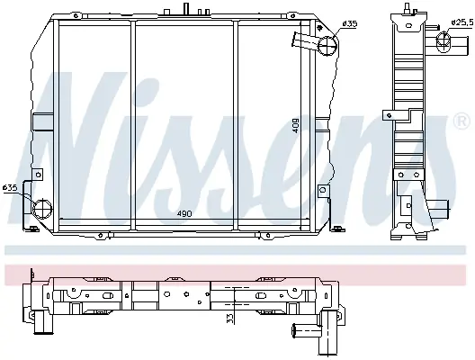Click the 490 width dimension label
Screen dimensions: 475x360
click(184, 213)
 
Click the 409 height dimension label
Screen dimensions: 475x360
click(295, 125)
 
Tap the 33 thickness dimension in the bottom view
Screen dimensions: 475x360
click(230, 319)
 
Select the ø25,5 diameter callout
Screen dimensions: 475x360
click(462, 22)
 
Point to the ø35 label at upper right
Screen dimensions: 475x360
click(350, 23)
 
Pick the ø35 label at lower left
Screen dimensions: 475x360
click(10, 188)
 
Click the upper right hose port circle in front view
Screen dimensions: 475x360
click(327, 46)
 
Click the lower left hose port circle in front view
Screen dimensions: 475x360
click(42, 209)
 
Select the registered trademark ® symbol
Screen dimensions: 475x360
click(462, 121)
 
